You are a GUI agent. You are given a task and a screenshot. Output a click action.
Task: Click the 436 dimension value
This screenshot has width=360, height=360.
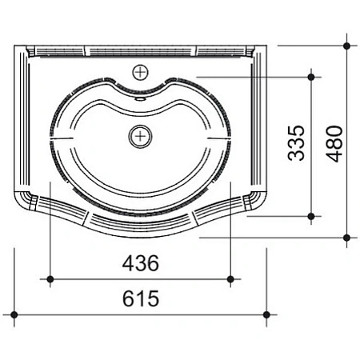point(141,262)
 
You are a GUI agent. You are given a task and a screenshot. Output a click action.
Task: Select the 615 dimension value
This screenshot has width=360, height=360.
point(141,299)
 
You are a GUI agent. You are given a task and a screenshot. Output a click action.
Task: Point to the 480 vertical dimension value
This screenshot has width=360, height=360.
point(334,142)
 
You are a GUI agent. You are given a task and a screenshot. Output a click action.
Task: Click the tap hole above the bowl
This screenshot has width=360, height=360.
point(142,71)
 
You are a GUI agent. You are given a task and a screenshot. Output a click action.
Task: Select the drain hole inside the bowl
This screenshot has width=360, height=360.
point(141,135)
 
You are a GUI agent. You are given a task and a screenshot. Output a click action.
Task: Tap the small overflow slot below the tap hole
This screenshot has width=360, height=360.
point(142,99)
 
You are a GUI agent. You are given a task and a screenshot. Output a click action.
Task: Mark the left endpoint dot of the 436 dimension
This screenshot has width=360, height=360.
point(51,278)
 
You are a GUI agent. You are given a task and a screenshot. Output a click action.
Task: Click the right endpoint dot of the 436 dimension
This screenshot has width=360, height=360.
point(230,278)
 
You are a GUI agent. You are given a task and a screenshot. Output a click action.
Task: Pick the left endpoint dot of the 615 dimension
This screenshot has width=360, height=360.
point(14,314)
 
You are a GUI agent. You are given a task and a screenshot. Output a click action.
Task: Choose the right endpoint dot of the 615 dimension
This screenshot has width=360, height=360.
point(268,314)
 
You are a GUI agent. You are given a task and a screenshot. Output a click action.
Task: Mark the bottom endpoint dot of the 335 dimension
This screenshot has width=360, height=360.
point(311,215)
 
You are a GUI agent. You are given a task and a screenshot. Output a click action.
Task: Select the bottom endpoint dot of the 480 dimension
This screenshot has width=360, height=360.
point(347,237)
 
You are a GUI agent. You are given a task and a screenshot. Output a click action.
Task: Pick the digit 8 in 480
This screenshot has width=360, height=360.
point(334,142)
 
